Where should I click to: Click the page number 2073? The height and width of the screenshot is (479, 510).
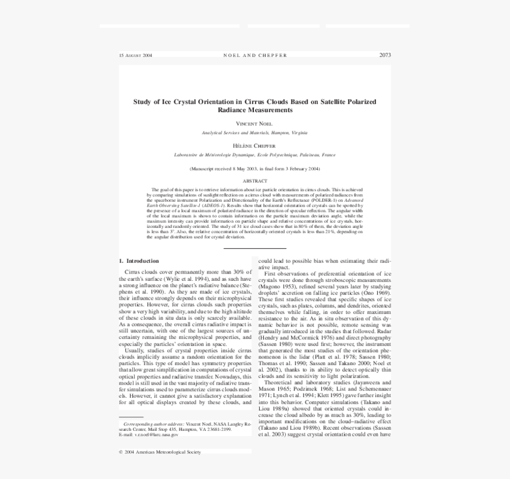(x=385, y=55)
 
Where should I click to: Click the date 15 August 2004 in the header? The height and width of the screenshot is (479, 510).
(x=135, y=56)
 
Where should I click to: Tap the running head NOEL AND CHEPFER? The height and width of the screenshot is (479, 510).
(x=255, y=56)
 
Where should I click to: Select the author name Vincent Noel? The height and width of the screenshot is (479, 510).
(x=254, y=123)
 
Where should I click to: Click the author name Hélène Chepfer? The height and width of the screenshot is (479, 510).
(x=254, y=145)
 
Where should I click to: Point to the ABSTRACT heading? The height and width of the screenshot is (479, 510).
(x=255, y=181)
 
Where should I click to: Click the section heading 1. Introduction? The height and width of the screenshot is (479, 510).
(x=139, y=261)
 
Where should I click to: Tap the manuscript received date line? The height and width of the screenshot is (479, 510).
(x=255, y=169)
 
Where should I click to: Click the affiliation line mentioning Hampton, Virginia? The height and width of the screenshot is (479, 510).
(x=254, y=133)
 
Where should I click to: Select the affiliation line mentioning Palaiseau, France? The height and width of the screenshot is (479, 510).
(x=254, y=155)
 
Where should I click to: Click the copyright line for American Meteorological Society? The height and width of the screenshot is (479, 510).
(x=160, y=452)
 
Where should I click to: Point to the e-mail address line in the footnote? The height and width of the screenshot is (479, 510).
(x=148, y=434)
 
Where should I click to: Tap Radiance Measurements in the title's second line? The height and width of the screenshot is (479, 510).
(x=255, y=110)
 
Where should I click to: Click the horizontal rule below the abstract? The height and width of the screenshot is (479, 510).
(x=255, y=248)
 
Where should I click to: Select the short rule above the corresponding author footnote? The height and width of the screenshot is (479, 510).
(x=131, y=417)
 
